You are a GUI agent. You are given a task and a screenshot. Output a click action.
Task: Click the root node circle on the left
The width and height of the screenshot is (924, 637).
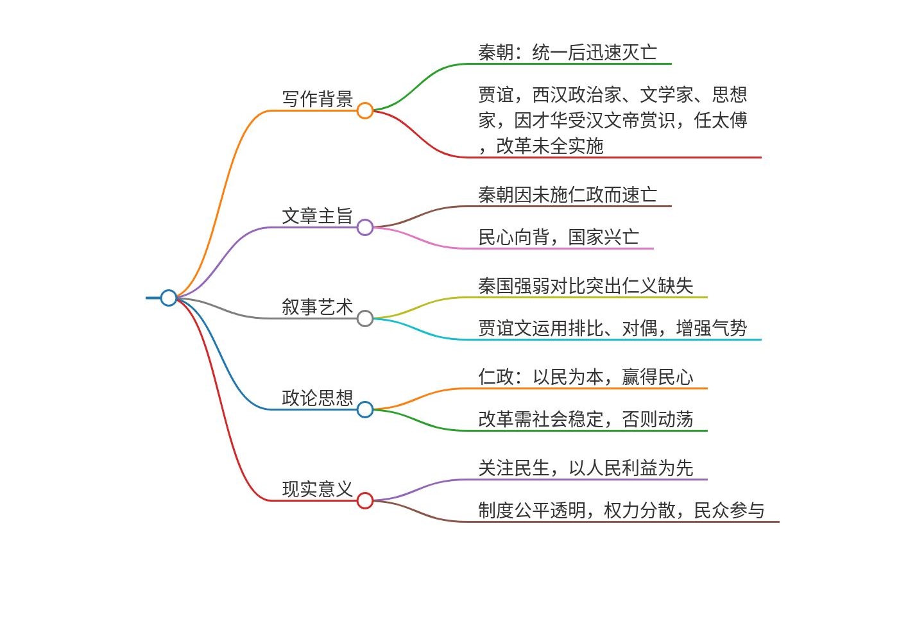point(169,298)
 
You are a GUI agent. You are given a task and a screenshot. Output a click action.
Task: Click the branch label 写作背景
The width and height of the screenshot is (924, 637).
point(318,99)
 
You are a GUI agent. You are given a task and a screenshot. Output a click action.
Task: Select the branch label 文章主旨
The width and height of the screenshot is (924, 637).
point(318,216)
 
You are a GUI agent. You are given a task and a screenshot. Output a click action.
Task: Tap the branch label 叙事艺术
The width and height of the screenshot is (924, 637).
point(318,307)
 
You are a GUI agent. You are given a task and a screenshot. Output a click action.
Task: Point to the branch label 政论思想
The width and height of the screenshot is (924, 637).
point(318,398)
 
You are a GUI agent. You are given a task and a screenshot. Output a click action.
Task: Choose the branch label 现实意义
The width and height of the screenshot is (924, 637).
point(318,489)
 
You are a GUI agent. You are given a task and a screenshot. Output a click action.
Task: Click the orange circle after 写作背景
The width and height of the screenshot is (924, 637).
point(365,110)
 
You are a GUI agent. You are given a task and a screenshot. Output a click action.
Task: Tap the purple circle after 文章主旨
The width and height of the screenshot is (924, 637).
point(365,227)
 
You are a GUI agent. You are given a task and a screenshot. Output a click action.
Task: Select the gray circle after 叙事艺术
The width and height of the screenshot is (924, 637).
point(365,318)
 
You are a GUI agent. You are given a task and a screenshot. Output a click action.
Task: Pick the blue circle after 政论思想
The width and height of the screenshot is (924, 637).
point(365,409)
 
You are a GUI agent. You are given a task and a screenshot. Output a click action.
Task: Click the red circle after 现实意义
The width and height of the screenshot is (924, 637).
point(365,500)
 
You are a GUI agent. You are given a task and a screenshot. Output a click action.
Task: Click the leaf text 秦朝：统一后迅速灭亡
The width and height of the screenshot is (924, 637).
point(567,52)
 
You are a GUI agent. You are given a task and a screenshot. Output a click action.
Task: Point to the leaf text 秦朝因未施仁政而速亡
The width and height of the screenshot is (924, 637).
point(567,194)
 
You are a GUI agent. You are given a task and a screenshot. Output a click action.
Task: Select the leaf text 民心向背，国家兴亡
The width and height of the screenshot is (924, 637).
point(558,237)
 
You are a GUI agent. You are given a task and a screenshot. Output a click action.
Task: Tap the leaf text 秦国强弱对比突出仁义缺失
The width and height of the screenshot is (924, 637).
point(585,285)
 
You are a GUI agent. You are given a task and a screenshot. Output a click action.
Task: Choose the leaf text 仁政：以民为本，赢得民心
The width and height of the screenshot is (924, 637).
point(585,377)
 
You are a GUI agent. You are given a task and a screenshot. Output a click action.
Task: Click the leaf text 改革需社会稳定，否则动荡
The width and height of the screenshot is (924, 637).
point(585,419)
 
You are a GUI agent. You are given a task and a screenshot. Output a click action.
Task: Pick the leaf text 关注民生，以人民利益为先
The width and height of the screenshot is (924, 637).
point(585,468)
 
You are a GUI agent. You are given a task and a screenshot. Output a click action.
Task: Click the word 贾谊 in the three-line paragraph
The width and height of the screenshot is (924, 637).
point(496,95)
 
